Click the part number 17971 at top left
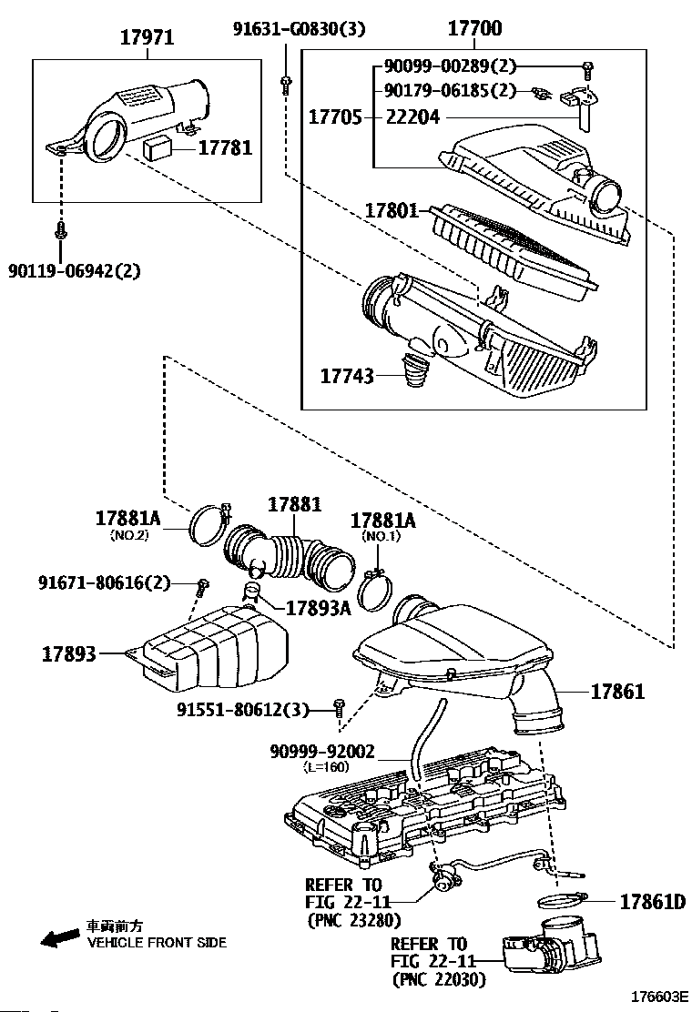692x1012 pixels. (x=148, y=37)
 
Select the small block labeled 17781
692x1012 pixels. (x=158, y=148)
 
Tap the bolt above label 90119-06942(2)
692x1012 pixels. (x=60, y=230)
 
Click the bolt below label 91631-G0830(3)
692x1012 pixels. (x=286, y=84)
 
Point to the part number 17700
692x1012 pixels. (x=474, y=27)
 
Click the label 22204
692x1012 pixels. (x=412, y=116)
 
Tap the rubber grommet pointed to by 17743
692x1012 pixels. (x=413, y=369)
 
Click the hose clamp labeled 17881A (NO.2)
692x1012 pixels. (x=209, y=521)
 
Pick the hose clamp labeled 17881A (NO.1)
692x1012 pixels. (x=374, y=589)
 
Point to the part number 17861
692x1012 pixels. (x=617, y=692)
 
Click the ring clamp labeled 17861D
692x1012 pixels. (x=561, y=900)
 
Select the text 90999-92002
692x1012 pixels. (x=322, y=751)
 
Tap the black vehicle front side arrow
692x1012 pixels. (x=57, y=938)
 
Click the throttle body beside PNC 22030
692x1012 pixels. (x=551, y=948)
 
